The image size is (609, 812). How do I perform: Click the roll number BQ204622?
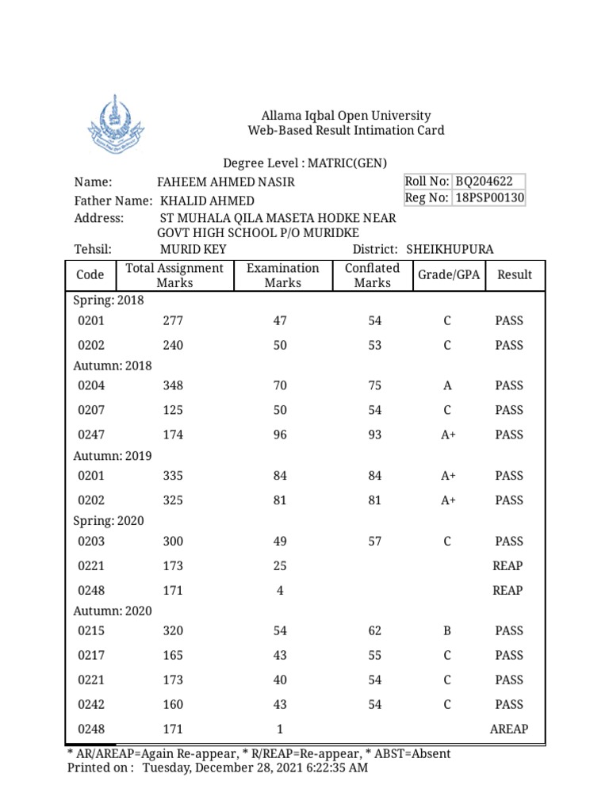coord(489,182)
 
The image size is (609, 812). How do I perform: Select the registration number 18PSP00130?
coord(489,198)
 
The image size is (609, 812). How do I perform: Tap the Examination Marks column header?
coord(283,275)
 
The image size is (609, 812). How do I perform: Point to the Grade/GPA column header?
coord(448,274)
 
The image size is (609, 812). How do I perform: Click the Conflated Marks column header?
coord(372,275)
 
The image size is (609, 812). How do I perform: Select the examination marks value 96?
coord(280,435)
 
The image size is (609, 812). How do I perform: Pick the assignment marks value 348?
coord(172,385)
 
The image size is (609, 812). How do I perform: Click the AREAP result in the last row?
coord(509,729)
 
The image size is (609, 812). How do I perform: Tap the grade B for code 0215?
coord(447,630)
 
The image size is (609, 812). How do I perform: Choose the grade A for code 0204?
coord(447,385)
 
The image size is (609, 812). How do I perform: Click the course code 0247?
coord(91,435)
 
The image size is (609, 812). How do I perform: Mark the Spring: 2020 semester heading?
coord(109,521)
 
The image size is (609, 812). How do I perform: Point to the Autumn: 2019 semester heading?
coord(113,456)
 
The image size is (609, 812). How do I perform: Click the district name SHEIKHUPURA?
coord(450,249)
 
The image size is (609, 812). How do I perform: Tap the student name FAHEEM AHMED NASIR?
coord(226,182)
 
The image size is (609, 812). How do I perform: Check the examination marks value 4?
coord(280,590)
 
